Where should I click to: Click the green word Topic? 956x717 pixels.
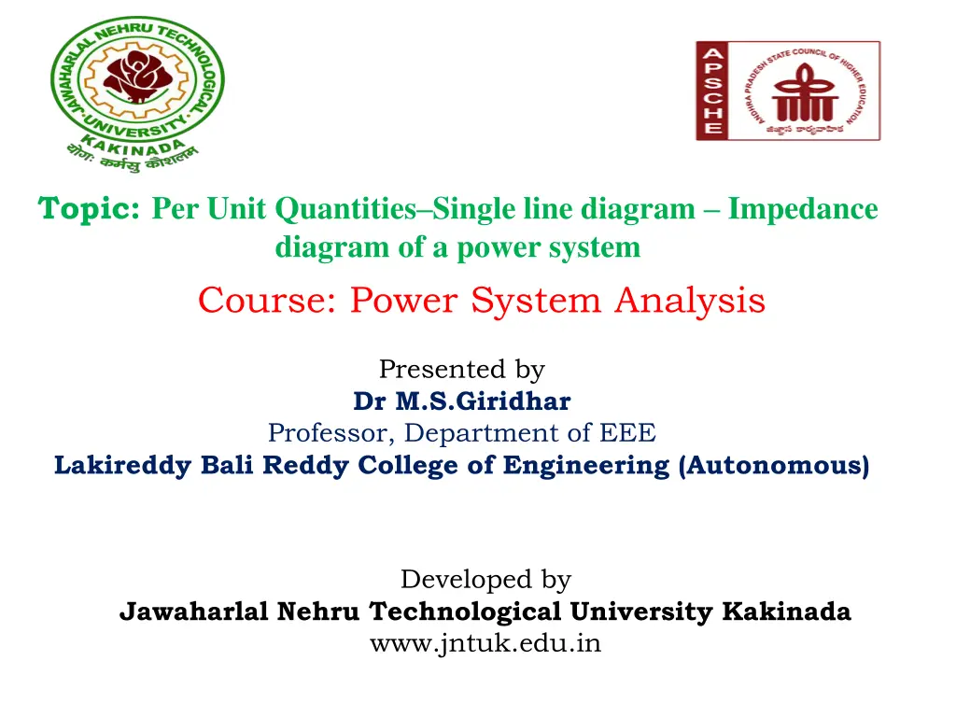(x=90, y=209)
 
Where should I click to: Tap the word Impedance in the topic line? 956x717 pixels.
(x=803, y=209)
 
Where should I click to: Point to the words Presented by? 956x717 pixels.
(x=461, y=370)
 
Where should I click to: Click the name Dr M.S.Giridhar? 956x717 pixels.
(x=461, y=401)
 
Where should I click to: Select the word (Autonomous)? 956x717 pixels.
(x=775, y=465)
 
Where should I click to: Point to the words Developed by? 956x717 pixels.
(x=485, y=580)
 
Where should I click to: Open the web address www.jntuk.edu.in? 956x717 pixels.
(x=485, y=643)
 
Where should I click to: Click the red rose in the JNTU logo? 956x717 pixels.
(x=136, y=77)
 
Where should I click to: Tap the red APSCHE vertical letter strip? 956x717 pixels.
(x=710, y=91)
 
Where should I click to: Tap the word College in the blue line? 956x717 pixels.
(x=411, y=465)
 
